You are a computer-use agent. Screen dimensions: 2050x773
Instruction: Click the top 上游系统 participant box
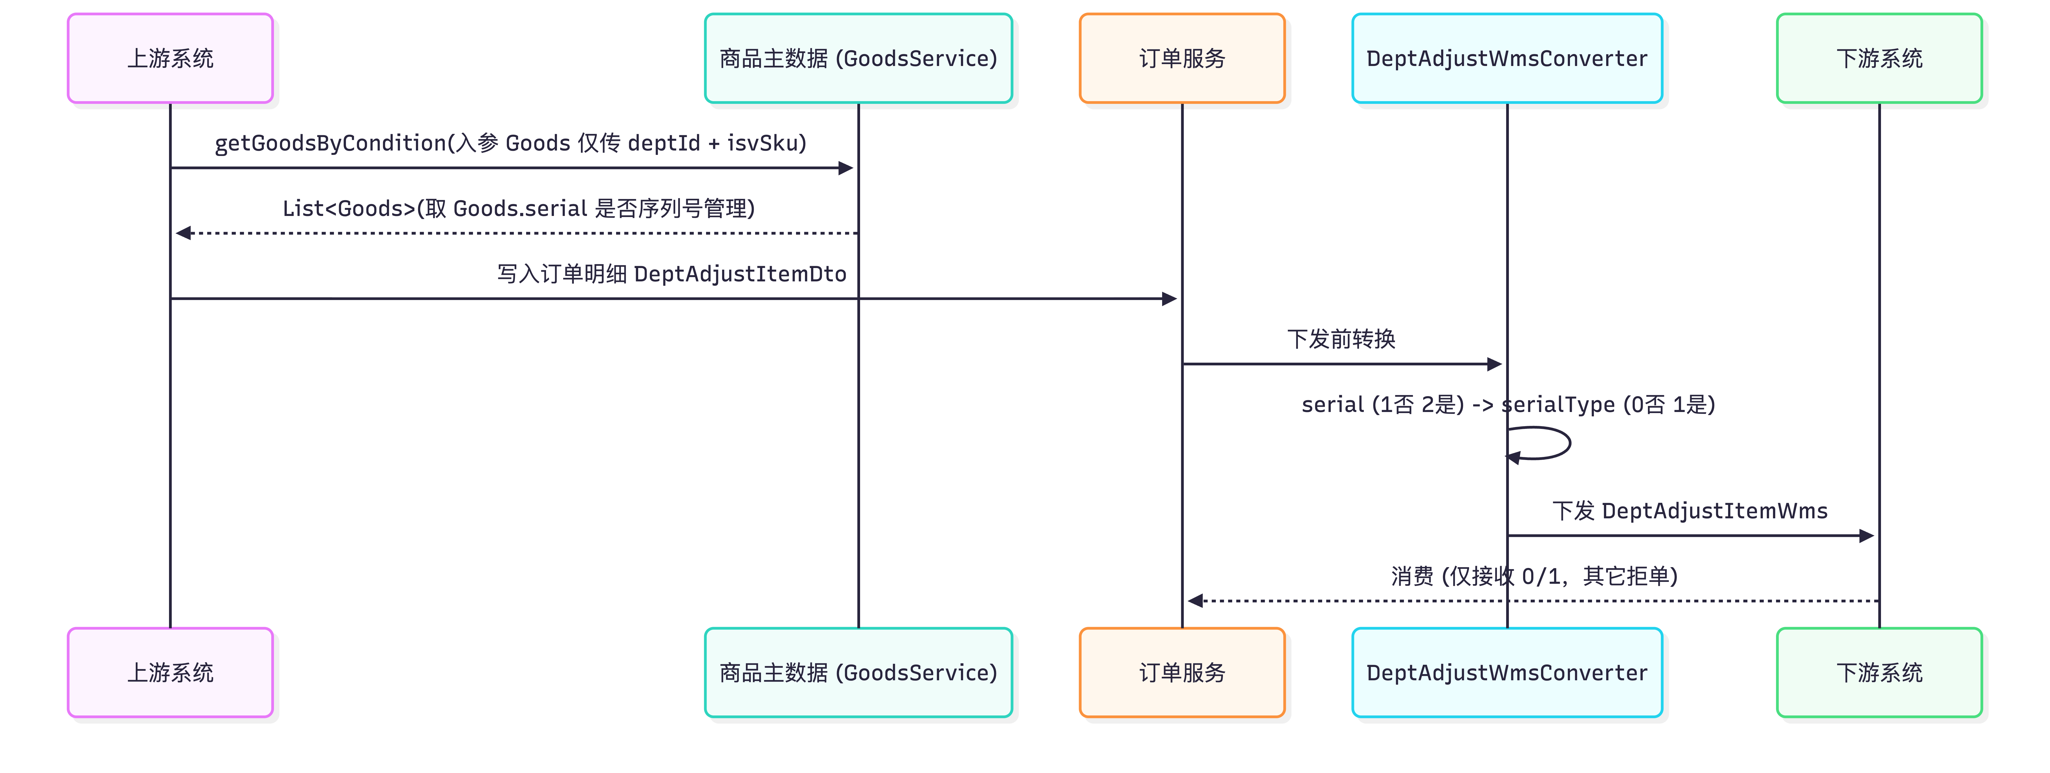click(170, 58)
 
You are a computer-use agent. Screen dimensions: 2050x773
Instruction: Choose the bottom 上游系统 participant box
click(170, 673)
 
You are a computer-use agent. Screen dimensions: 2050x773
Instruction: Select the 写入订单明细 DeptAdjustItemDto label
click(672, 274)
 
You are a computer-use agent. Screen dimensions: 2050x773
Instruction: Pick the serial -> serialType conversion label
click(1508, 404)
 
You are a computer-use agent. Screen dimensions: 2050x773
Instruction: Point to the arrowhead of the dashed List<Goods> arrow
click(183, 233)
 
